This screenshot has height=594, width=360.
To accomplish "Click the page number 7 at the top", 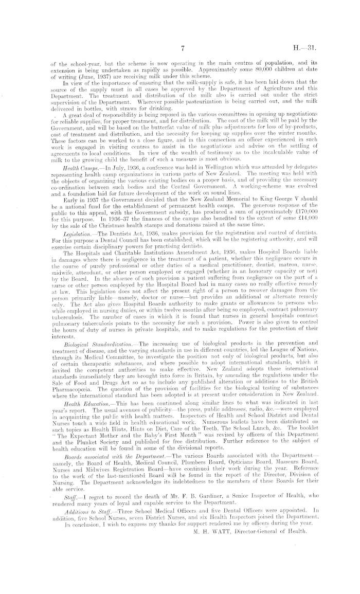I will (183, 49).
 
